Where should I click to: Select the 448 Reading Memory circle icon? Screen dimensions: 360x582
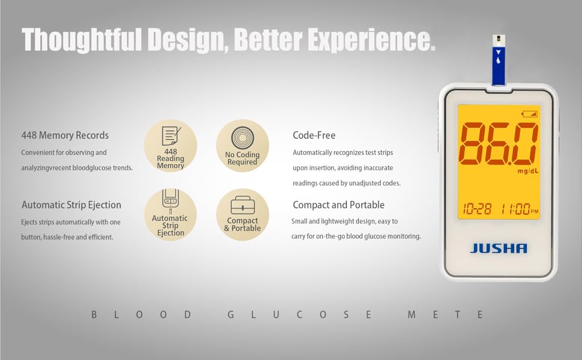(170, 146)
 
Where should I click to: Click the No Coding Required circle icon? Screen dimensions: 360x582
(242, 146)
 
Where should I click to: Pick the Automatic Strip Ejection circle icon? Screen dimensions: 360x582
(170, 215)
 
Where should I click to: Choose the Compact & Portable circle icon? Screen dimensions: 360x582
(242, 215)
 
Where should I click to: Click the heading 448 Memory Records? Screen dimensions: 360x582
(65, 135)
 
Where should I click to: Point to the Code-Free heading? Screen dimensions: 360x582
(314, 136)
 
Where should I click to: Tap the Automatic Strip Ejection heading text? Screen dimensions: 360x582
(71, 205)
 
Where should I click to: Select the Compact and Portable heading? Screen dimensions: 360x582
(338, 205)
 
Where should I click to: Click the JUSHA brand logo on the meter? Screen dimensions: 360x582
(499, 248)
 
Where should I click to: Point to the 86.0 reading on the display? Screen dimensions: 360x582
(498, 144)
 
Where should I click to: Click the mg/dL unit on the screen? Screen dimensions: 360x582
(527, 171)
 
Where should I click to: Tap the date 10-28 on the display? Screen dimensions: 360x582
(477, 209)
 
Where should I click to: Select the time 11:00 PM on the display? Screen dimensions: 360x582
(516, 209)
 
